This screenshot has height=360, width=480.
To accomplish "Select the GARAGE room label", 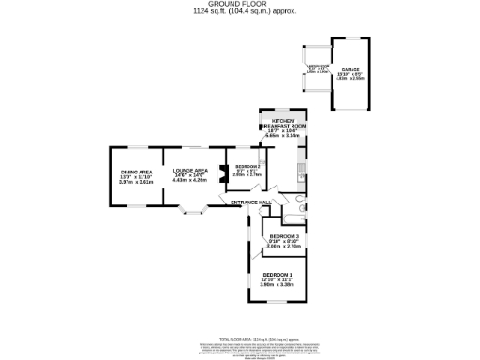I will (x=350, y=70).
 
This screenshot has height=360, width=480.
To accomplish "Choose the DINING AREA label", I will (x=136, y=172).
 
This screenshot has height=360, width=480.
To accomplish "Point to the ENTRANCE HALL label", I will (x=252, y=202).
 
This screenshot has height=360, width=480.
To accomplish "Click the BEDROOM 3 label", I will (x=283, y=236).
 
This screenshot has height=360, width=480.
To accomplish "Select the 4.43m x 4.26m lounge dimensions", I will (x=188, y=181).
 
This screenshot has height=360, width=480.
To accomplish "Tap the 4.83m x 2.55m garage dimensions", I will (x=350, y=80).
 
